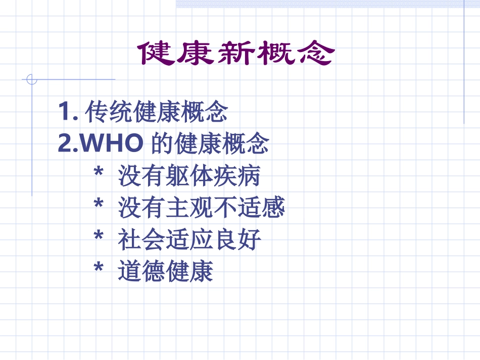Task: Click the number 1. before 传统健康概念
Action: (68, 112)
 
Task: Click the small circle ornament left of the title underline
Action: (32, 79)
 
